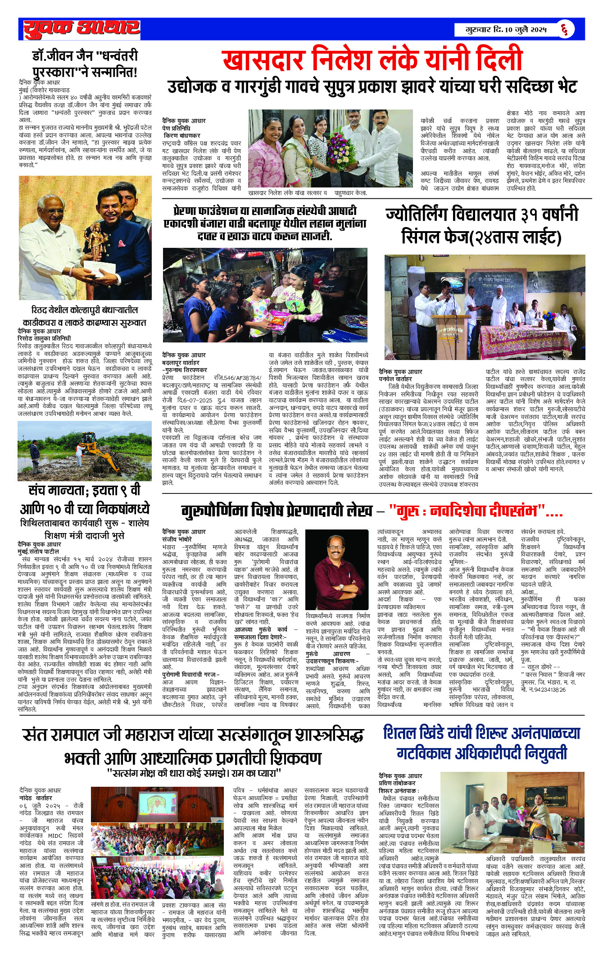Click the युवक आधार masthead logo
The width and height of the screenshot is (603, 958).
click(x=81, y=29)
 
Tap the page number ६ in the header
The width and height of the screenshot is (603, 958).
click(x=564, y=30)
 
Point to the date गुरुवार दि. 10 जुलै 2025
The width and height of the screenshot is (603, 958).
click(x=506, y=30)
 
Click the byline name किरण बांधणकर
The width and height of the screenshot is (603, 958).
click(x=182, y=136)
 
